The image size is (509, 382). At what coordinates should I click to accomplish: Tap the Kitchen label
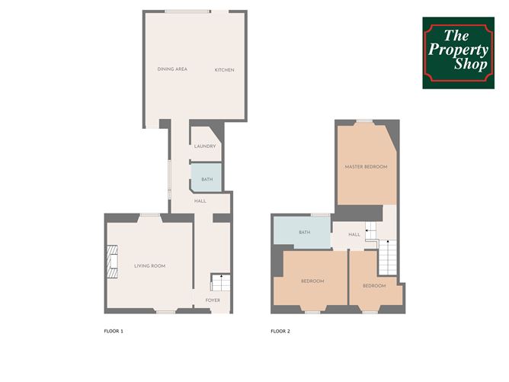(x=224, y=70)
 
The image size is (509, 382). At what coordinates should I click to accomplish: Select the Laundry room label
(x=205, y=146)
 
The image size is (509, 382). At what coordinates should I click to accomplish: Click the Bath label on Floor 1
(x=206, y=180)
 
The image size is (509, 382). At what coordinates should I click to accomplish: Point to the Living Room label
(x=150, y=265)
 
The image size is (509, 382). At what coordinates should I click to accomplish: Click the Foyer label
(x=213, y=300)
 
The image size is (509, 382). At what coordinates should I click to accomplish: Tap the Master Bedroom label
(x=366, y=166)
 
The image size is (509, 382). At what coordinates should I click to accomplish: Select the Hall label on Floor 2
(x=354, y=234)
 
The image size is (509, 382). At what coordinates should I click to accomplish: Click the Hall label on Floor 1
(x=200, y=201)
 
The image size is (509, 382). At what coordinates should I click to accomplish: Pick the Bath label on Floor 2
(x=305, y=233)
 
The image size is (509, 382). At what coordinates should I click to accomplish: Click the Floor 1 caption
(x=114, y=332)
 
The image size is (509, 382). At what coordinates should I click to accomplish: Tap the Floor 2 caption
(x=280, y=332)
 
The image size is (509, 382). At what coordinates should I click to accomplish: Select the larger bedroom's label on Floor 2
(x=312, y=281)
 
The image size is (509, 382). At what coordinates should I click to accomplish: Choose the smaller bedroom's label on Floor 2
(x=373, y=286)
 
